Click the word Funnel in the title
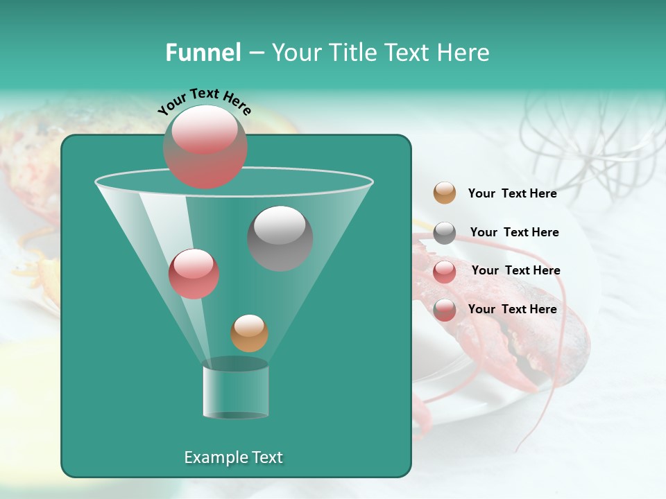[203, 53]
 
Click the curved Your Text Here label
[204, 101]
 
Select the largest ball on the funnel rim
[205, 146]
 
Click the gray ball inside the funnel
[280, 238]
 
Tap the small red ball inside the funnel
[194, 273]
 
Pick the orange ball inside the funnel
[249, 333]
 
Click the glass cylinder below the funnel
[235, 389]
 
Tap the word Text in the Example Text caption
[266, 457]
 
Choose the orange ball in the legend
[445, 193]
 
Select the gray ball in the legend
[445, 233]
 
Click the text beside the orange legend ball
[512, 193]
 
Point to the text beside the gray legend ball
[514, 232]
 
